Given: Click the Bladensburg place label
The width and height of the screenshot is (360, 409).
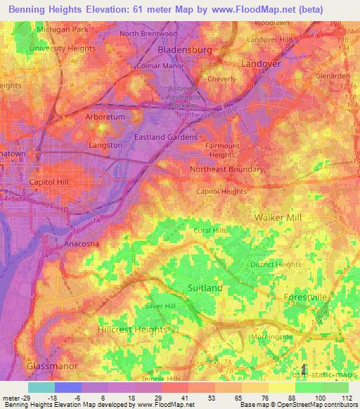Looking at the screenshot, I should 185,51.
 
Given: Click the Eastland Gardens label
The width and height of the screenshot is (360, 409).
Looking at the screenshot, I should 166,137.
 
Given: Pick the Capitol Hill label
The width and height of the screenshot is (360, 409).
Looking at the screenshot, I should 46,181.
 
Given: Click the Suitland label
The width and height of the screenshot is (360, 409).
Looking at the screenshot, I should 205,288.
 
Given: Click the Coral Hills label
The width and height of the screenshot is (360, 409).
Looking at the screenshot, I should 211,231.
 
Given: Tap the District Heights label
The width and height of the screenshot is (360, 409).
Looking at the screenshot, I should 276,264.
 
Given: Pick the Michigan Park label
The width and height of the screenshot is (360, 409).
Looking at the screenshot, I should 62,30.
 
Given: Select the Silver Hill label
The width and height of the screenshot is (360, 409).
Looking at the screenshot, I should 160,306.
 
